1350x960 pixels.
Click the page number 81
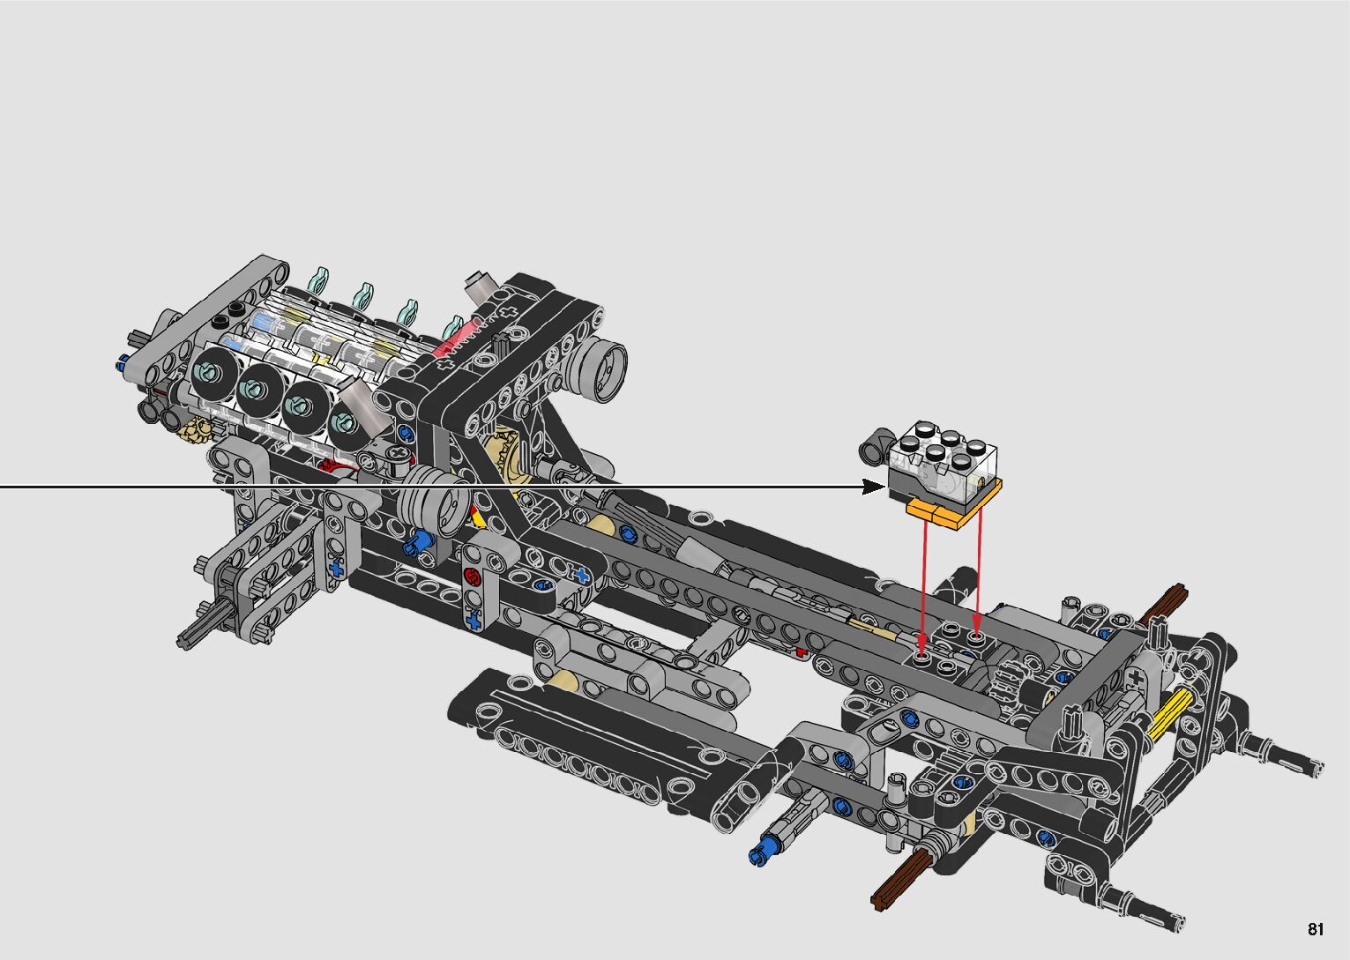[1316, 929]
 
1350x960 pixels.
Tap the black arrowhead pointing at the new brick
[874, 487]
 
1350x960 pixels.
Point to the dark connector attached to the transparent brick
[875, 447]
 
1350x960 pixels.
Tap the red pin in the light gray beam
[471, 577]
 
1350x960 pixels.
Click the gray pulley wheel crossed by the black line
[435, 502]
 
